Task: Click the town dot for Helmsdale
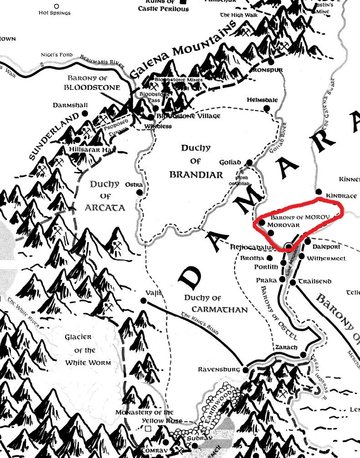click(268, 107)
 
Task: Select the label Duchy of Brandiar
click(196, 161)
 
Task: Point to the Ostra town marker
click(140, 192)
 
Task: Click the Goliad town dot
click(249, 163)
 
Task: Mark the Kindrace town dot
click(319, 192)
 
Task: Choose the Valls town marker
click(144, 300)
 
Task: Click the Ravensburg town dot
click(246, 370)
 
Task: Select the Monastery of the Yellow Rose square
click(148, 429)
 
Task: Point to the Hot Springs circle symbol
click(56, 6)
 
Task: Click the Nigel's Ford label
click(57, 55)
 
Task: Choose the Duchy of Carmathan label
click(216, 304)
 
